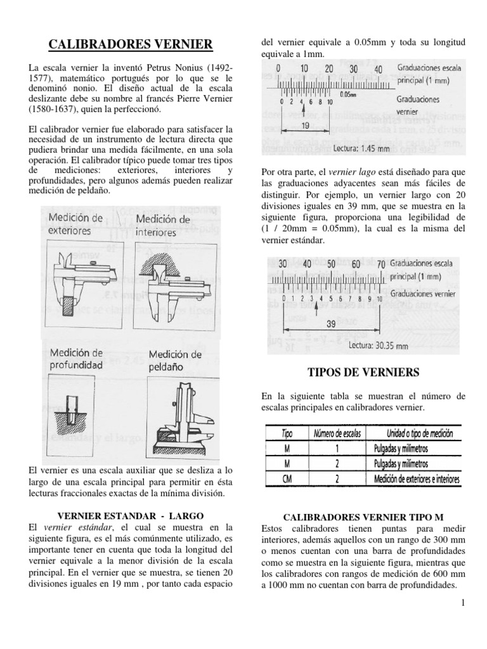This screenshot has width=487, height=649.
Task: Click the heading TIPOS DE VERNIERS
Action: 363,371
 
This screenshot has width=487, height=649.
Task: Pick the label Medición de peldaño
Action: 175,359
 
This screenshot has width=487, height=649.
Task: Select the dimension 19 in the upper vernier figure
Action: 304,126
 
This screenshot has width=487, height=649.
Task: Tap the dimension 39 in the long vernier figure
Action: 330,323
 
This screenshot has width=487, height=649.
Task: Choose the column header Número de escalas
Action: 334,434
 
